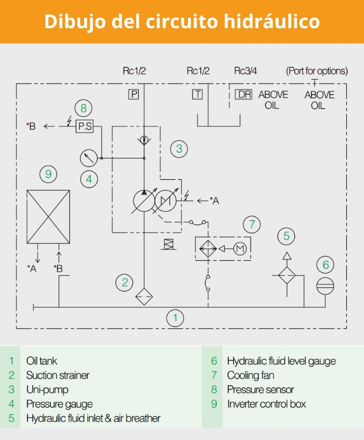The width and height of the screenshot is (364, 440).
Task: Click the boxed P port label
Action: pos(133,94)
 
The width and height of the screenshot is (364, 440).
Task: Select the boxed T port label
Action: pos(197,94)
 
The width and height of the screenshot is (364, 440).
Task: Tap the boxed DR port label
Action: pos(243,94)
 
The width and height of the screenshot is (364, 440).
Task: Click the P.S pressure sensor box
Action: pos(85,126)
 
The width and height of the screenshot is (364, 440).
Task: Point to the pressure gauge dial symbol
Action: pos(88,158)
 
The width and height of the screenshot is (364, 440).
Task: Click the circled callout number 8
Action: pos(84,107)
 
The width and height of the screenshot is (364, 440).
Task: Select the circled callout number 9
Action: pos(49,174)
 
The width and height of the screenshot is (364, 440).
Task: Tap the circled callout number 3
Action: pos(179,148)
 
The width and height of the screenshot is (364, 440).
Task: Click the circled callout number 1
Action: pos(175,318)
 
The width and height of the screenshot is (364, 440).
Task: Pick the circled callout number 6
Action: pos(325,265)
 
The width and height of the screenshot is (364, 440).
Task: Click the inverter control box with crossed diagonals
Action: pos(49,216)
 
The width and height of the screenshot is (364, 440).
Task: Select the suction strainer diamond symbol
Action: pos(144,297)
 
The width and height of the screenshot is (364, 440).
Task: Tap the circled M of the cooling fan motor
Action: pos(240,249)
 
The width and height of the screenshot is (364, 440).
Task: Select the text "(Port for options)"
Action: pos(316,71)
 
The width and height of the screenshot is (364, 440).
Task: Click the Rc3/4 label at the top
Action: pos(246,71)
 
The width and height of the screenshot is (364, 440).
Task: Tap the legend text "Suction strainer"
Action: pos(58,375)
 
